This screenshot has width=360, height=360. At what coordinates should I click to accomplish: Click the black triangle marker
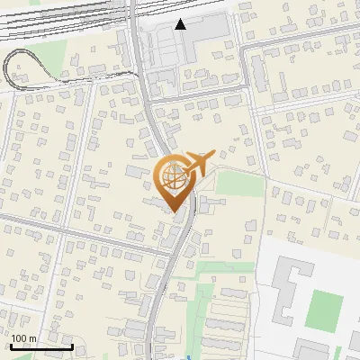181,24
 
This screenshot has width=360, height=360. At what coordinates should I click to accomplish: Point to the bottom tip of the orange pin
174,211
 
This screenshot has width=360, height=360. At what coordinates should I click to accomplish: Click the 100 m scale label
24,338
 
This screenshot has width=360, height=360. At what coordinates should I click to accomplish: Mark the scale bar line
41,346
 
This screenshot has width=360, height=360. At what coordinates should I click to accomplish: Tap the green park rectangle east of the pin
239,184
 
